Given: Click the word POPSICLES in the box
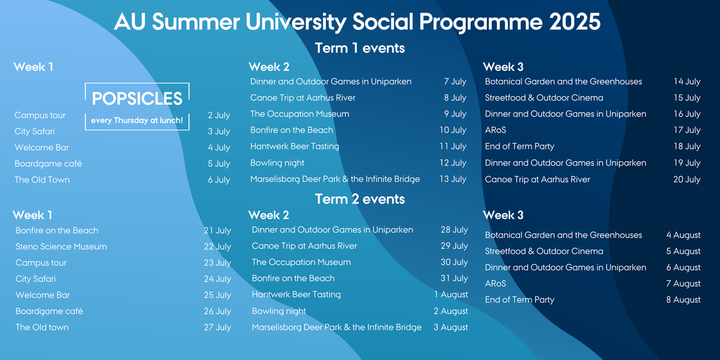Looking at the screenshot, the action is tap(137, 98).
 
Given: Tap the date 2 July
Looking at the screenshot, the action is tap(219, 115).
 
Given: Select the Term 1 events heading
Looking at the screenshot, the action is tap(359, 48).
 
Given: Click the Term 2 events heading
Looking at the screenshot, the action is tap(359, 199).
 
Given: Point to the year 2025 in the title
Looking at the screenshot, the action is tap(575, 22).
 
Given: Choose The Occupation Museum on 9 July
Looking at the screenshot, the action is tap(299, 114).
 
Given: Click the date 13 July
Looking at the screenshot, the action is tap(452, 179).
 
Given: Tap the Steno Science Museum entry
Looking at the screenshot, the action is tap(61, 247).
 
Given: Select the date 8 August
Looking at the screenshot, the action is tap(683, 300).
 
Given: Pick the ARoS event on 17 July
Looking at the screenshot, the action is tap(496, 130).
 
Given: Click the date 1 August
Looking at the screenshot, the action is tap(451, 295).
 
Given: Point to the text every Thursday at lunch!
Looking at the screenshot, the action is tap(137, 121).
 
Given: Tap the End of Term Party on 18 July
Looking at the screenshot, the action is tap(520, 146).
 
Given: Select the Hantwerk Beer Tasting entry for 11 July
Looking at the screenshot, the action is tap(295, 146).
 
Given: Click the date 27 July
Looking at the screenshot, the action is tap(217, 328).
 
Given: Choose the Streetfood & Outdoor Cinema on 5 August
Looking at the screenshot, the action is tap(544, 251).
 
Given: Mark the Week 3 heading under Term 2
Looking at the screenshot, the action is tap(503, 215).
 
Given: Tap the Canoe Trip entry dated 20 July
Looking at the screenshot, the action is tap(537, 179).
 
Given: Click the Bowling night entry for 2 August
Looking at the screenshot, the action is tap(278, 311).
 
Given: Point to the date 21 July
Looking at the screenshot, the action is tap(217, 230).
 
